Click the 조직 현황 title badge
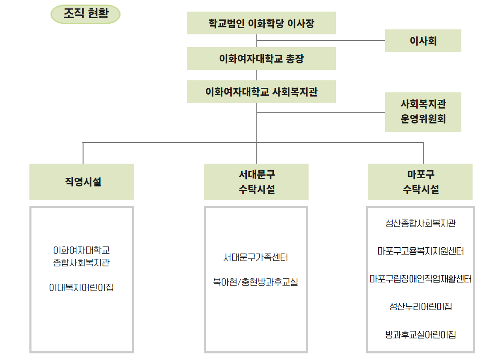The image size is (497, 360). pos(85,14)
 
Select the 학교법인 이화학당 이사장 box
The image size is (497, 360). pos(261,23)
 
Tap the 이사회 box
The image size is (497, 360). pos(423,41)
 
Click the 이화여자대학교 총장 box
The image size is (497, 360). pos(261,58)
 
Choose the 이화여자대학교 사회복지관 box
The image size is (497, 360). pos(261,92)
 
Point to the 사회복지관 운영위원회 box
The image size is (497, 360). pos(423,112)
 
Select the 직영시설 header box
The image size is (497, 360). pos(82,181)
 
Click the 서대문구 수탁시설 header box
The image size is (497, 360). pos(256,181)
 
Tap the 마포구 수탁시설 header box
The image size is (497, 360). pos(420,181)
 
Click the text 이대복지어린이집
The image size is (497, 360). pos(81,288)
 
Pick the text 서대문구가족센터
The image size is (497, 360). pos(256,257)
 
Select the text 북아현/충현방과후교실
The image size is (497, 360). pos(256,282)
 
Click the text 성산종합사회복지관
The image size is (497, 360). pos(420,223)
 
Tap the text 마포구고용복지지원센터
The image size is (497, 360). pos(421,251)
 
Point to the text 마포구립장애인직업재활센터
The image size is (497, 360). pos(421,279)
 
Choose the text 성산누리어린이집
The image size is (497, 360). pos(421,307)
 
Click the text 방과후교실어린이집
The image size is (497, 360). pos(421,334)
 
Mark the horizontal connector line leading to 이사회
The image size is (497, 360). pos(321,41)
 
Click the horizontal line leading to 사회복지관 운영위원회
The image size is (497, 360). pos(321,112)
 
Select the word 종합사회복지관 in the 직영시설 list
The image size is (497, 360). pos(81,263)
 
